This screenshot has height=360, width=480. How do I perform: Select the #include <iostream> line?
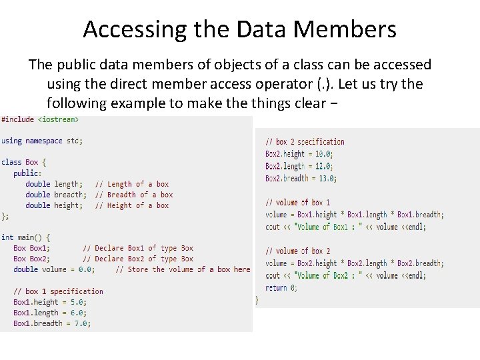[x=40, y=119]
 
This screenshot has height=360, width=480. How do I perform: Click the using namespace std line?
[x=42, y=141]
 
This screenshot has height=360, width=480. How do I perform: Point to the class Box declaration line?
[x=23, y=162]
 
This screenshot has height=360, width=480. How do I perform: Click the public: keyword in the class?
[x=27, y=173]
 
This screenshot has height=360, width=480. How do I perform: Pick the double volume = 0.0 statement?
[x=54, y=269]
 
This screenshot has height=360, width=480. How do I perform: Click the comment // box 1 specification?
[x=58, y=291]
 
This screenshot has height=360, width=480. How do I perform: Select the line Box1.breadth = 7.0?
[x=52, y=323]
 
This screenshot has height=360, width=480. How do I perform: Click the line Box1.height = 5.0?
[x=50, y=302]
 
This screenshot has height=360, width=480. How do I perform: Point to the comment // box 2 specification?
[x=305, y=141]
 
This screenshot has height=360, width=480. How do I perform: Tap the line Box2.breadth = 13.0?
[x=301, y=178]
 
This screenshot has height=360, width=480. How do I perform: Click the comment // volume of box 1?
[x=297, y=202]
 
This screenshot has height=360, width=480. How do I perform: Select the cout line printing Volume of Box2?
[x=345, y=275]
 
